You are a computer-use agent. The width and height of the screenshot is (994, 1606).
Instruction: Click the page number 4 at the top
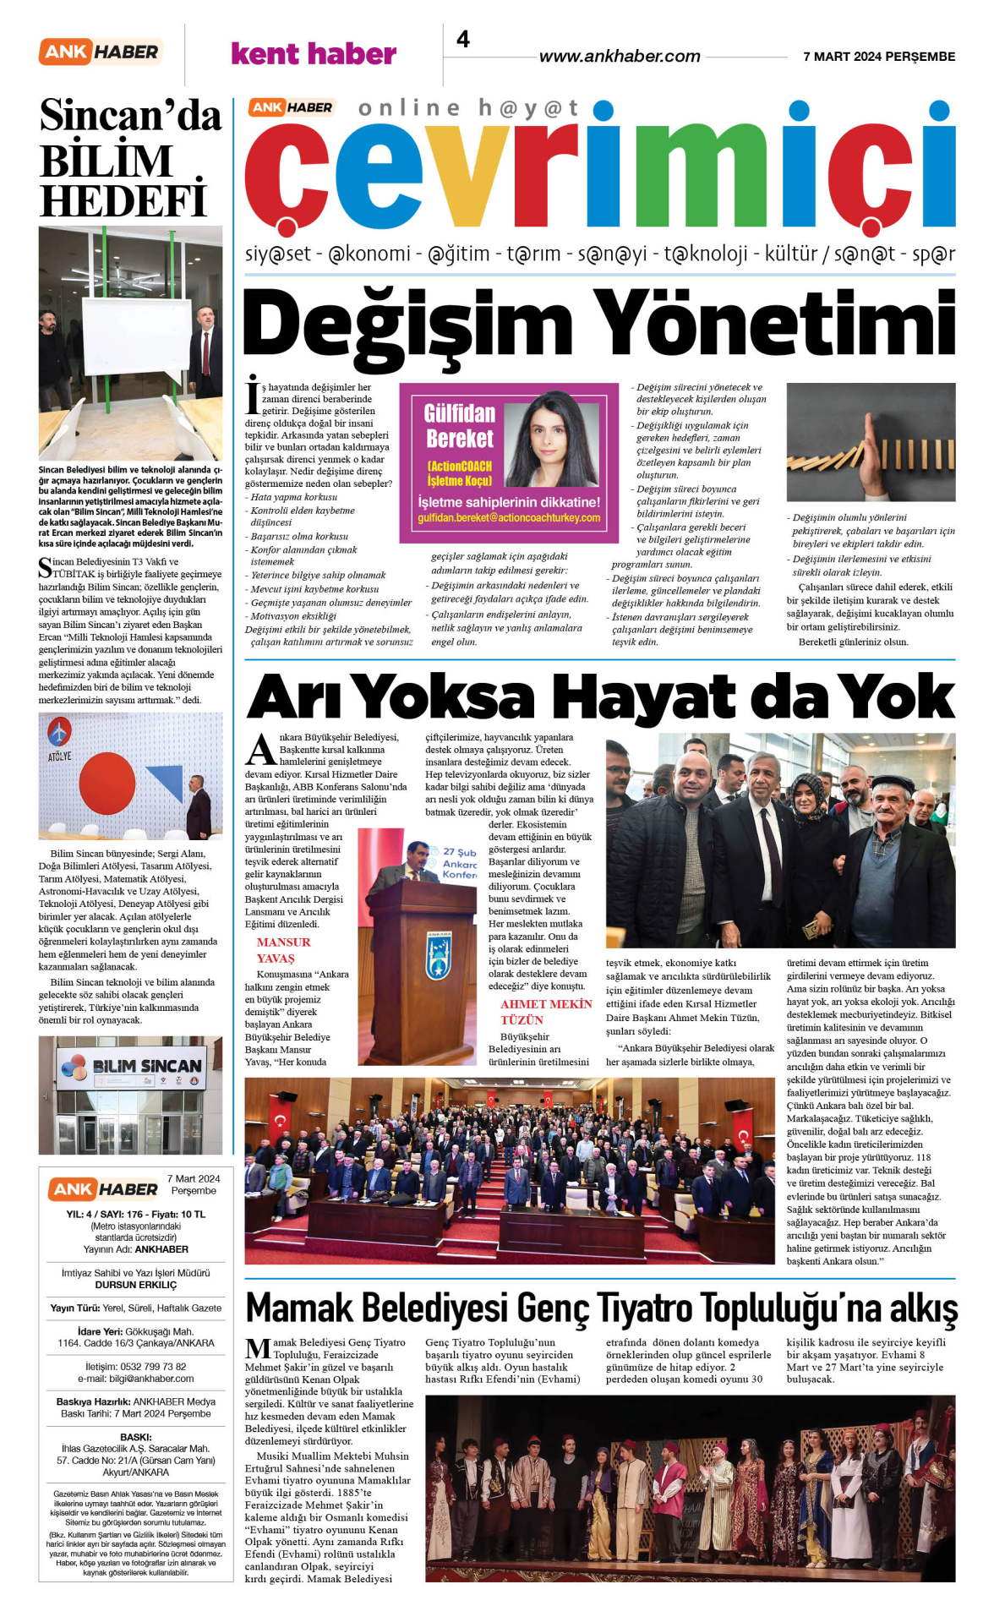point(463,40)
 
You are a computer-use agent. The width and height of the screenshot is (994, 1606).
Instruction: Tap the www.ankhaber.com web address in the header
point(620,57)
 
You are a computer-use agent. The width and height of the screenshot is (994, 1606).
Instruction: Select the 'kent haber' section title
point(314,54)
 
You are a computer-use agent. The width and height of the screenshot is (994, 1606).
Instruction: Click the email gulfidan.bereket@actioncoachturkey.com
point(509,518)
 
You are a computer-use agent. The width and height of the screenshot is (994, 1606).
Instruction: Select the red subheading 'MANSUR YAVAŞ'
point(283,950)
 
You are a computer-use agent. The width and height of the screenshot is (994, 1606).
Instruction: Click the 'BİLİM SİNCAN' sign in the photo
point(146,1067)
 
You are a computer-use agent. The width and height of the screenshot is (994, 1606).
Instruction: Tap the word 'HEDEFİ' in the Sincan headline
point(123,201)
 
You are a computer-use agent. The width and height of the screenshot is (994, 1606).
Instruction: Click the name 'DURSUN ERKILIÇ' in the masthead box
point(136,1285)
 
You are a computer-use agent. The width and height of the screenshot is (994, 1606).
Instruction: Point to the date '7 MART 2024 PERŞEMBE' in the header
point(879,57)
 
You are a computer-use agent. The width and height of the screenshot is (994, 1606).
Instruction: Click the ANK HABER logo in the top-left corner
point(101,52)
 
